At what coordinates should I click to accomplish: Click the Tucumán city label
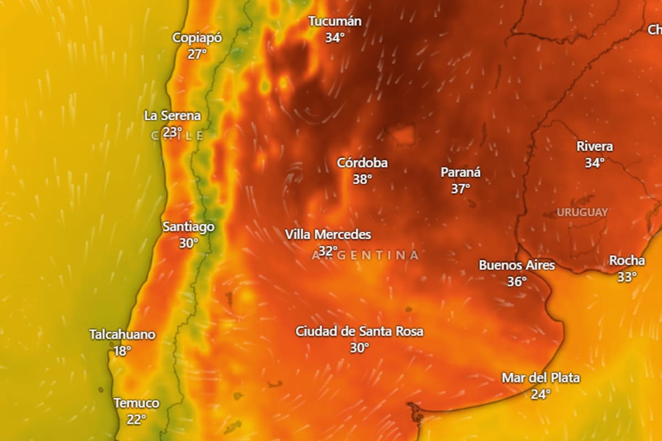(335, 21)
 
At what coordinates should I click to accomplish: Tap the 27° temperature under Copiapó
(197, 54)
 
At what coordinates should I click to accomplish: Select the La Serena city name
(172, 116)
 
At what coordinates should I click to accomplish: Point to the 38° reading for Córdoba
(362, 179)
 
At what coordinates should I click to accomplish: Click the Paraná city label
(461, 173)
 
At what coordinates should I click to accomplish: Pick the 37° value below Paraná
(461, 189)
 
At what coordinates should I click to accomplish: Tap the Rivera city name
(595, 147)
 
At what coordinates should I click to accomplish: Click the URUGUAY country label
(582, 212)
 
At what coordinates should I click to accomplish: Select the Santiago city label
(189, 227)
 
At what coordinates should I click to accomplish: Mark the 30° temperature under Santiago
(188, 243)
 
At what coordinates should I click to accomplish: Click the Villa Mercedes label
(328, 235)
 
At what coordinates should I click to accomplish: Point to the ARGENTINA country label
(365, 255)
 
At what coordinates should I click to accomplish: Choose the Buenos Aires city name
(517, 265)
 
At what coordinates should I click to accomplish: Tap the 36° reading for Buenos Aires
(517, 282)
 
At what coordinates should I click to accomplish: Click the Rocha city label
(627, 261)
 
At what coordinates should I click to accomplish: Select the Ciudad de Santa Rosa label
(360, 331)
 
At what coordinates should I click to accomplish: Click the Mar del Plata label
(541, 378)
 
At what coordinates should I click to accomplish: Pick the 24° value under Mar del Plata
(541, 394)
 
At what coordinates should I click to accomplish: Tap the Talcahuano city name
(122, 335)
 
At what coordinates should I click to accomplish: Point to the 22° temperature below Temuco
(136, 420)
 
